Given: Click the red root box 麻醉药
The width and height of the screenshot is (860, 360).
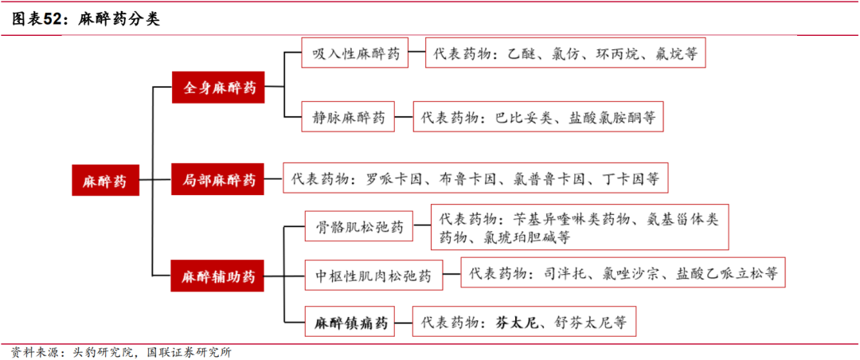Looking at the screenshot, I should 104,181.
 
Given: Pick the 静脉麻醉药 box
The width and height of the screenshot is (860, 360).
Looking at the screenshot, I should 349,118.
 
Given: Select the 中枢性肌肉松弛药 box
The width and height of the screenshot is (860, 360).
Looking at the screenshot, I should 372,276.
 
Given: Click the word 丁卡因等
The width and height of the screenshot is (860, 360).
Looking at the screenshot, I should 631,179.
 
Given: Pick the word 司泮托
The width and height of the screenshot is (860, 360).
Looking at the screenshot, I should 558,273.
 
